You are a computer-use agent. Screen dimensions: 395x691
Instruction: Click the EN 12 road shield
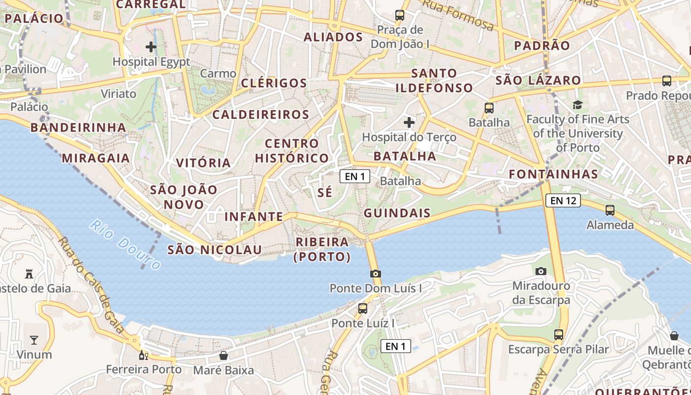click(563, 200)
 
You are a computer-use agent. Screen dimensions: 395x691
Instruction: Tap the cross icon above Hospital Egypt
click(151, 47)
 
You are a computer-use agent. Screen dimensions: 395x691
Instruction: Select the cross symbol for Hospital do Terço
click(409, 122)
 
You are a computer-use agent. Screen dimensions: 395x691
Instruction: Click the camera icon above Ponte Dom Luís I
click(376, 274)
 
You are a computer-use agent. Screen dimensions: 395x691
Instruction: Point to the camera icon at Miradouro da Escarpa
click(541, 271)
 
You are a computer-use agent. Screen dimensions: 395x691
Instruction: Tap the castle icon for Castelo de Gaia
click(29, 274)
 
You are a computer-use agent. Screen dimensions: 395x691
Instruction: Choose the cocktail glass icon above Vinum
click(34, 340)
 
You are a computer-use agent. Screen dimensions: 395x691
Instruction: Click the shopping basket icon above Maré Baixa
click(224, 355)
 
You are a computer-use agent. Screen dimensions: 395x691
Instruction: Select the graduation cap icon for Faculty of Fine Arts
click(577, 105)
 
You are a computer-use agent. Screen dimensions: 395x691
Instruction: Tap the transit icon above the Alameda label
click(610, 210)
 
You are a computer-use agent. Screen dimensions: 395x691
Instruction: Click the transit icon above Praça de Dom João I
click(400, 15)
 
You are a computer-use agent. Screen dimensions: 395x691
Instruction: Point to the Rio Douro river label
click(125, 245)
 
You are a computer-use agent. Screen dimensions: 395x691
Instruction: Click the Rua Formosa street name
click(458, 15)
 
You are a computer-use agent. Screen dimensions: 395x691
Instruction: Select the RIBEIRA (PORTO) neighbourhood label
click(322, 249)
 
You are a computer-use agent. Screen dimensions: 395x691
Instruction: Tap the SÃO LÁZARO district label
click(538, 80)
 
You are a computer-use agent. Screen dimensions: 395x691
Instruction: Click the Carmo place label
click(218, 74)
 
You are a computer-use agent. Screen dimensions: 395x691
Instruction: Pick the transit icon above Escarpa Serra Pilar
click(559, 335)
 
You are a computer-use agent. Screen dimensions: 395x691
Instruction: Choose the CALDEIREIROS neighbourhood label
click(261, 115)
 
